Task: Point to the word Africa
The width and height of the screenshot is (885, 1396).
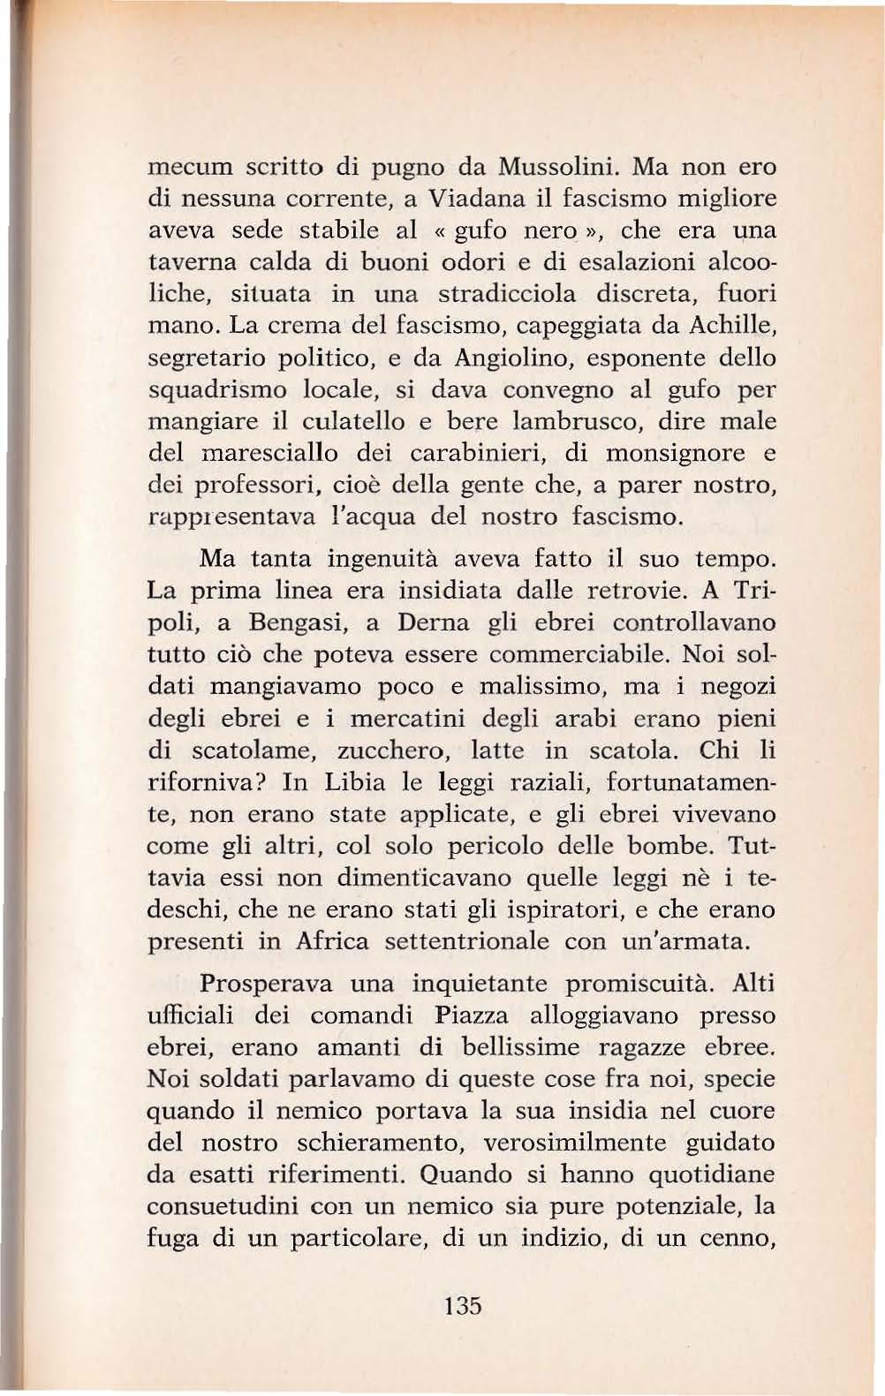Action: point(331,941)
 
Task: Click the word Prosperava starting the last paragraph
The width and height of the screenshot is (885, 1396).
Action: point(266,983)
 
